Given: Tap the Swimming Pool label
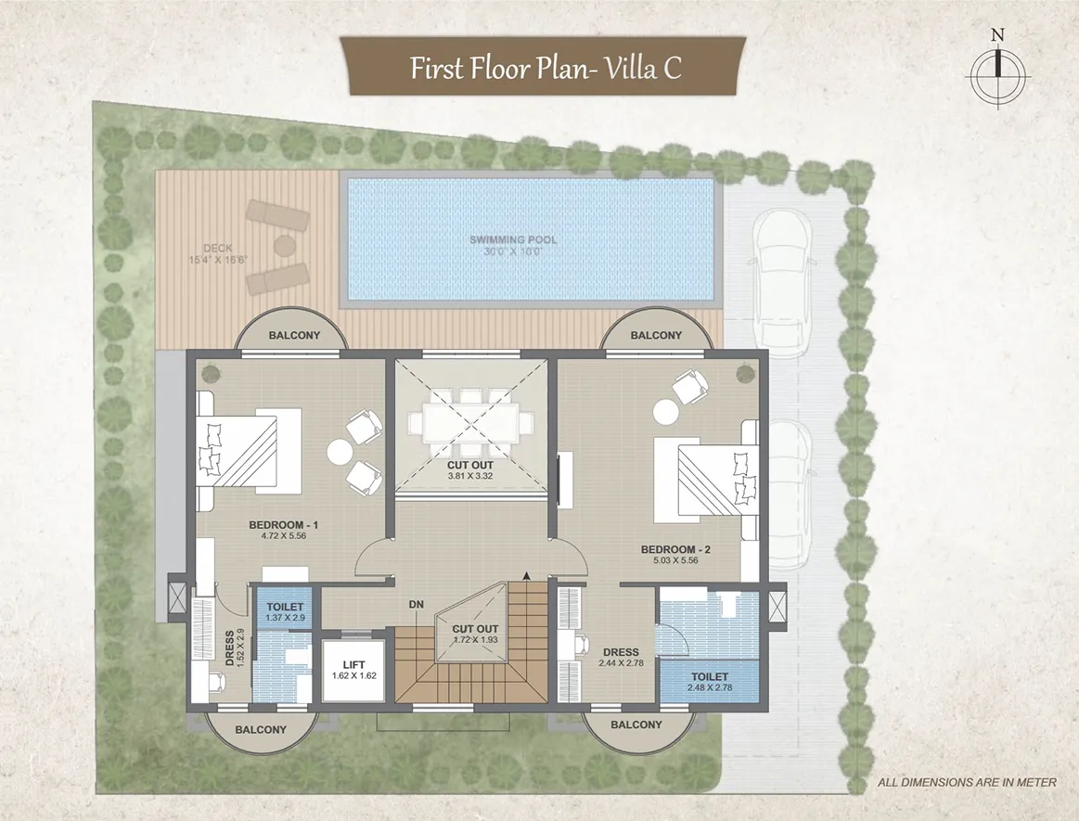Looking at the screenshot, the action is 513,240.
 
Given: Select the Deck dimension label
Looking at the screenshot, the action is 217,260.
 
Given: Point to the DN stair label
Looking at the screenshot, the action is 416,605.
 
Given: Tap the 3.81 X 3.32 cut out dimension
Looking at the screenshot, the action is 470,476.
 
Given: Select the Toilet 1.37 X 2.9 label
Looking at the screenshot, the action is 285,612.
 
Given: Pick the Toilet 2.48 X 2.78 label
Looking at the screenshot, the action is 710,682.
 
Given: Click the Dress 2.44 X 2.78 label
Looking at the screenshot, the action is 621,657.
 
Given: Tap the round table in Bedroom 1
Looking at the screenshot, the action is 340,452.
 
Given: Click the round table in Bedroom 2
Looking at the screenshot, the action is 665,413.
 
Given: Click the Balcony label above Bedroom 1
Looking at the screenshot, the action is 294,336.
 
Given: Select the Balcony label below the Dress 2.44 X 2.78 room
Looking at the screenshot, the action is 636,725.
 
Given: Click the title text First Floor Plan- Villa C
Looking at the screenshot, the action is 546,68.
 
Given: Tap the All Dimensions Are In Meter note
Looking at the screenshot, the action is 967,782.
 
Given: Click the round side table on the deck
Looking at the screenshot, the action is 284,244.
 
